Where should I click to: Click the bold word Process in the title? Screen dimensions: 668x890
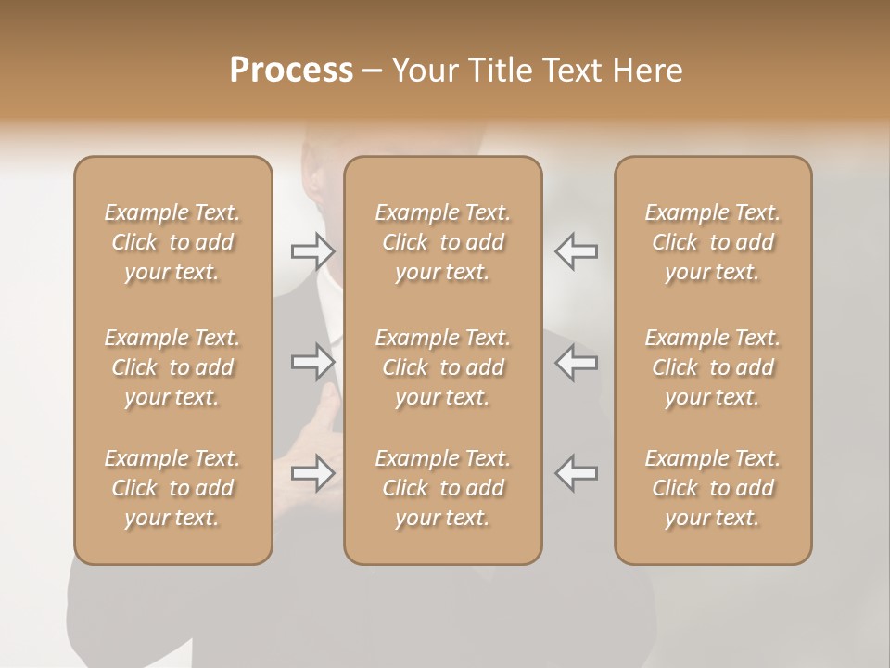point(291,71)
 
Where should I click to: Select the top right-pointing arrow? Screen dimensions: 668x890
point(312,250)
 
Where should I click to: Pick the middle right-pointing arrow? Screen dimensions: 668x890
point(312,362)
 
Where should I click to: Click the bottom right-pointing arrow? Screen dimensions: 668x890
point(312,473)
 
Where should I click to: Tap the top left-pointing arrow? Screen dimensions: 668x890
point(577,250)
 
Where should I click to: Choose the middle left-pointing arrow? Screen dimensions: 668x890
point(577,362)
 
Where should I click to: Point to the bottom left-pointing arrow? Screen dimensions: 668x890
point(577,473)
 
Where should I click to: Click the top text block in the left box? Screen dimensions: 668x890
point(172,242)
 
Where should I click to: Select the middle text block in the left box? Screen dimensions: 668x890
point(172,367)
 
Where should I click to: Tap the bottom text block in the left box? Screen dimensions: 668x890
point(172,488)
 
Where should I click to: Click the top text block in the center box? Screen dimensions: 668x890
point(442,242)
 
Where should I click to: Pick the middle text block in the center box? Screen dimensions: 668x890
point(442,367)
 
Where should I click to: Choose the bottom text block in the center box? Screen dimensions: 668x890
point(442,488)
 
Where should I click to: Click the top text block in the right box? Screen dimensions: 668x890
point(712,242)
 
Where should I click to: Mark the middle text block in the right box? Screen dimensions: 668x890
point(712,367)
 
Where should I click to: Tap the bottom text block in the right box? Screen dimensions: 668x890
point(712,488)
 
